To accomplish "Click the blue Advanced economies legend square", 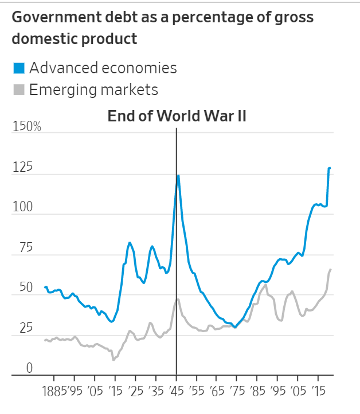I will point(19,69).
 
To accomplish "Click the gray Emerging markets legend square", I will point(19,90).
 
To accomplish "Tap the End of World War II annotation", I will point(177,116).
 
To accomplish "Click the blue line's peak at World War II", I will point(178,175).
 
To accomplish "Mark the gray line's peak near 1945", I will point(178,299).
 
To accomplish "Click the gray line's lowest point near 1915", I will point(114,360).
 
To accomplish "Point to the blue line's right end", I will point(330,168).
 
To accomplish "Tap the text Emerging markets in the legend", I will point(93,90).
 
